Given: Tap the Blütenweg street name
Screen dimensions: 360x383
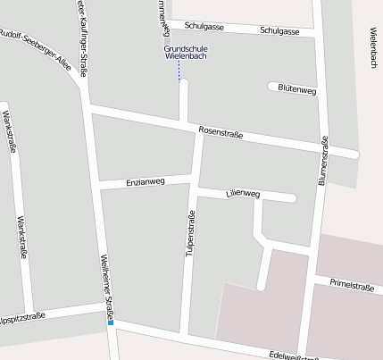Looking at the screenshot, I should coord(297,90).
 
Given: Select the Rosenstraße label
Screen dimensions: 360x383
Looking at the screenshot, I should coord(221,131).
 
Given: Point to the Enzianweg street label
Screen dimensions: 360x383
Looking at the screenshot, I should coord(146,181).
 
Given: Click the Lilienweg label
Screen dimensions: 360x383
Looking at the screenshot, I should coord(243,193).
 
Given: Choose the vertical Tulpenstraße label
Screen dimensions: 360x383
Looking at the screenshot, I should coord(189,234).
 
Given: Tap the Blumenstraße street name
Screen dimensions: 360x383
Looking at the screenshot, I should coord(323,161).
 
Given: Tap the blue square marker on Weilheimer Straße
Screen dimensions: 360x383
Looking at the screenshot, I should coord(112,322).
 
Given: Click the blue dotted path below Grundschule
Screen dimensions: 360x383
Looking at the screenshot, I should coord(179,71).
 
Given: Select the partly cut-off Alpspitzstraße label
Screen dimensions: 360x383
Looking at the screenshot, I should coord(21,317).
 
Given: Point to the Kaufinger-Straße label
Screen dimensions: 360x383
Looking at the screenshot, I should coord(80,36).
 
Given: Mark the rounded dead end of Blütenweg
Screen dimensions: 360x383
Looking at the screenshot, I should coord(271,87).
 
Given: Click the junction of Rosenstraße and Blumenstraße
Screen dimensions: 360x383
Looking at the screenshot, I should coord(322,147).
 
